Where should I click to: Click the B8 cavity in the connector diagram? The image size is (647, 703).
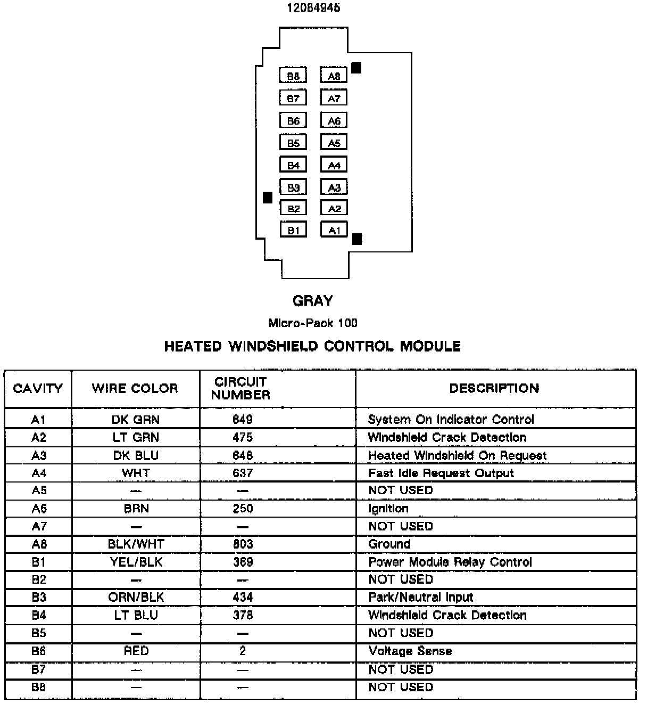(293, 76)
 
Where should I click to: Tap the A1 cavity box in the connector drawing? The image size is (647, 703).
(334, 230)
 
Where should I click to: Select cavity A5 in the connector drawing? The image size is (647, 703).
(334, 143)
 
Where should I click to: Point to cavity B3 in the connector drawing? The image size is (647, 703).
(293, 187)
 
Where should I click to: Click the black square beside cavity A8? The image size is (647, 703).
(356, 68)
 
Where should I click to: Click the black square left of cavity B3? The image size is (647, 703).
(268, 198)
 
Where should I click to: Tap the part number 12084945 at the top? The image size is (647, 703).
(313, 8)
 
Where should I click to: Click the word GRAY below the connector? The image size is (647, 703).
(313, 301)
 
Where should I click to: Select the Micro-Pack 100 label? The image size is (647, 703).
(313, 323)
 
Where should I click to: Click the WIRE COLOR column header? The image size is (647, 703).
(135, 388)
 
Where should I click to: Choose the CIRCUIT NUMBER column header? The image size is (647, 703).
(240, 388)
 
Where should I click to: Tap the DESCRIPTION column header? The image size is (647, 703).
(494, 388)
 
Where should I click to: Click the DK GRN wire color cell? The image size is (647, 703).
(136, 420)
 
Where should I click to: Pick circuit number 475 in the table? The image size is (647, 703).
(243, 438)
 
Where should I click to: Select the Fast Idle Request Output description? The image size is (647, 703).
(441, 473)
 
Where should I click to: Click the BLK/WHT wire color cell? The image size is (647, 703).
(136, 544)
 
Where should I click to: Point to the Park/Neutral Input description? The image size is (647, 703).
(421, 597)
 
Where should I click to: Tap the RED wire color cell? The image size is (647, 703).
(136, 651)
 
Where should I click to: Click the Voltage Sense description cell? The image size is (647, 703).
(410, 651)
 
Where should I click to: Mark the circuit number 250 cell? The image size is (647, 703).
(243, 509)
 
